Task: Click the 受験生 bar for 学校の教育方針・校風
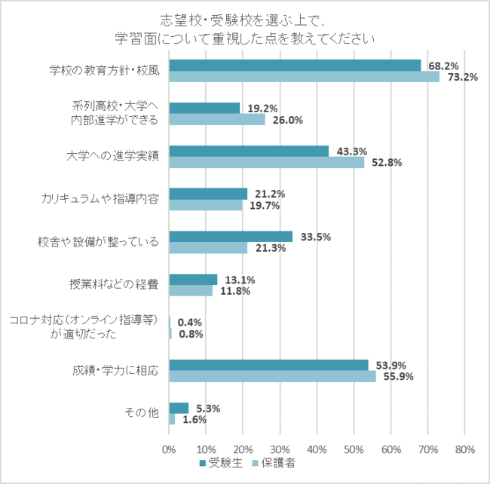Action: pyautogui.click(x=295, y=65)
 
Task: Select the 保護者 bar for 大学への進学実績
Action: pyautogui.click(x=267, y=162)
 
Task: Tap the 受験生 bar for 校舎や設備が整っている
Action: pyautogui.click(x=231, y=237)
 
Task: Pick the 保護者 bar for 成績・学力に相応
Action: pyautogui.click(x=272, y=376)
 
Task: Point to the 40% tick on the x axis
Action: pyautogui.click(x=317, y=449)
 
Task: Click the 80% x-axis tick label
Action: pyautogui.click(x=465, y=449)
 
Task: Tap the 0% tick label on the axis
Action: pyautogui.click(x=170, y=449)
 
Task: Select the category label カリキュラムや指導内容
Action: pyautogui.click(x=100, y=199)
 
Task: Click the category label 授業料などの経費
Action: pyautogui.click(x=115, y=285)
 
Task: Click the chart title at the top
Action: pyautogui.click(x=246, y=29)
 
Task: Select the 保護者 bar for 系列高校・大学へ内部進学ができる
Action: pyautogui.click(x=217, y=119)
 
